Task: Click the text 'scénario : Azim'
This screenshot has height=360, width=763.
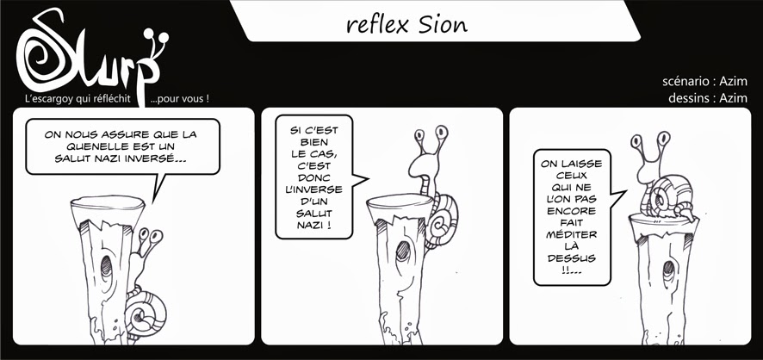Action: click(x=704, y=81)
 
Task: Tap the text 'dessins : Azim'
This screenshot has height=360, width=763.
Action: click(x=708, y=98)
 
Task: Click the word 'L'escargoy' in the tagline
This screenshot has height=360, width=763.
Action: click(x=46, y=99)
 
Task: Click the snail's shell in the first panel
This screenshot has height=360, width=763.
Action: click(x=146, y=313)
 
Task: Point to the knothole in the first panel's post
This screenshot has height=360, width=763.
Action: click(x=106, y=268)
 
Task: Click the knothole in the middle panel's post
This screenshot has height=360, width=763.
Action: click(x=403, y=251)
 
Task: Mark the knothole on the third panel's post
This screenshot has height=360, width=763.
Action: click(x=669, y=268)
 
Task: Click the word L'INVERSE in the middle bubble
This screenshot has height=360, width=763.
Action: click(x=313, y=189)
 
